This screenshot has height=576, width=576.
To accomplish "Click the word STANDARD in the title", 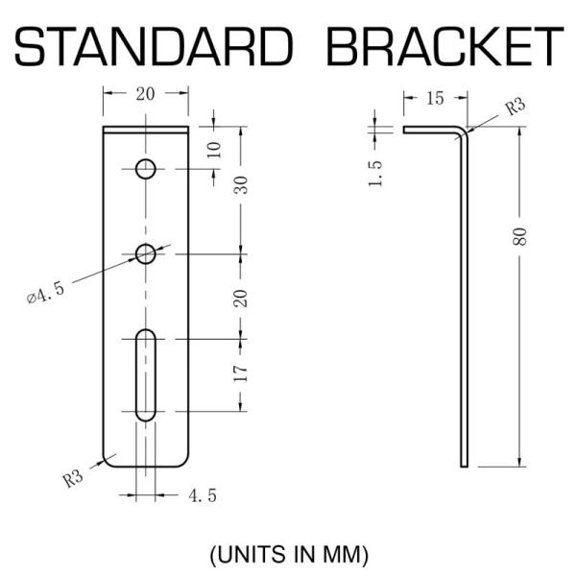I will click(154, 46).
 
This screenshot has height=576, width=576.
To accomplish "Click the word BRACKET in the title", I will click(444, 46).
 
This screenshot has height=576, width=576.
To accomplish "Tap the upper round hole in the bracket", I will click(145, 170).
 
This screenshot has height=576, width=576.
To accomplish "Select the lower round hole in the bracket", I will click(145, 253).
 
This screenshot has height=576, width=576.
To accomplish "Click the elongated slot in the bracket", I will click(145, 374).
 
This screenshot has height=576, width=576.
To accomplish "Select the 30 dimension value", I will click(242, 184).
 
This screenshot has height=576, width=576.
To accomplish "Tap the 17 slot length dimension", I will click(242, 372).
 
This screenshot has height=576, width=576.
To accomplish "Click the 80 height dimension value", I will click(519, 236).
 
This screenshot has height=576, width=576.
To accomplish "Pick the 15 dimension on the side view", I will click(435, 98).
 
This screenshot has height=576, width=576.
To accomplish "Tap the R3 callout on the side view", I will click(516, 105).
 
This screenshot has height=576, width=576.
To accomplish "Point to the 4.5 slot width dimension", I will click(203, 496).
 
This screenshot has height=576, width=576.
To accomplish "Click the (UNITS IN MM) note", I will click(288, 554).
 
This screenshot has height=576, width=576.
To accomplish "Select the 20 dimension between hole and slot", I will click(242, 297).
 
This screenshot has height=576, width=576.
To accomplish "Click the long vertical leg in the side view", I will click(464, 307).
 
